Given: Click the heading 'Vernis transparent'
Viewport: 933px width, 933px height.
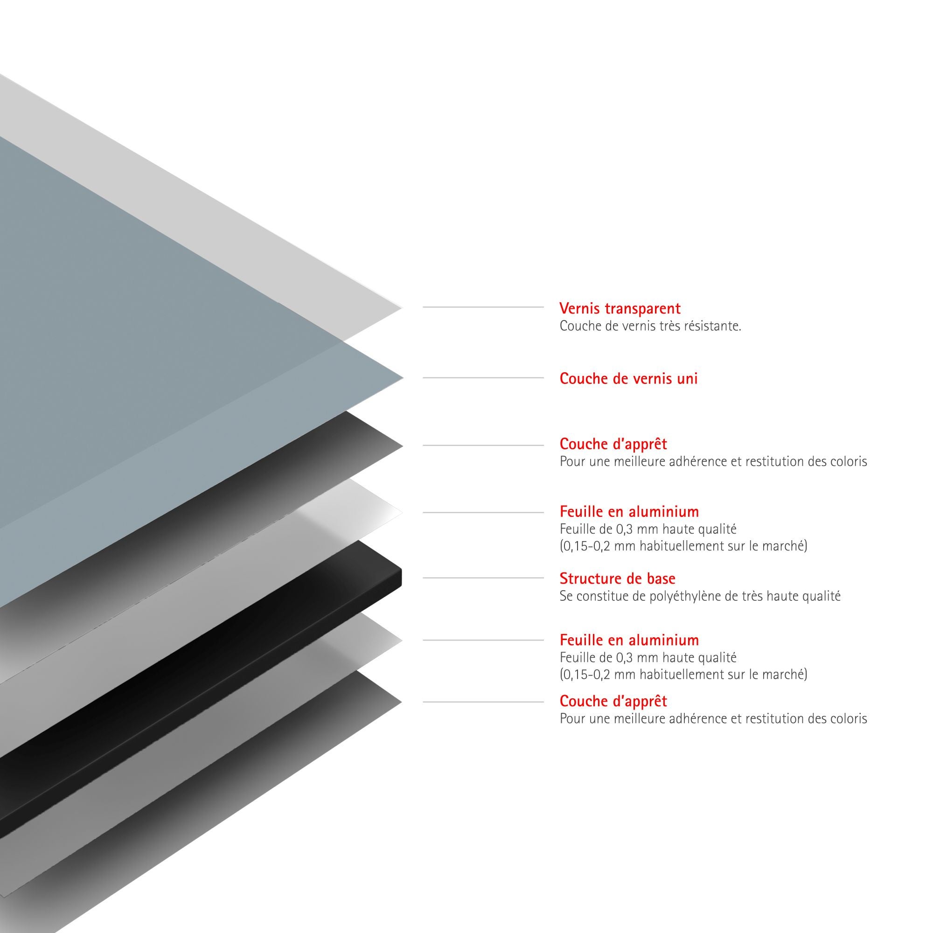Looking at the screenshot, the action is (x=620, y=308).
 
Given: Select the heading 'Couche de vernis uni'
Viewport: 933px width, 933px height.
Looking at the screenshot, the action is (x=628, y=378).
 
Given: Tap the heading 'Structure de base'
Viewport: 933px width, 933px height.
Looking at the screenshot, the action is (x=617, y=578).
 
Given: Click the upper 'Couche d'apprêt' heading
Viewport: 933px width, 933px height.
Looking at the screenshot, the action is (x=613, y=443).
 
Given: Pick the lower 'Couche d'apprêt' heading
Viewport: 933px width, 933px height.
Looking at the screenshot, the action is (x=613, y=701).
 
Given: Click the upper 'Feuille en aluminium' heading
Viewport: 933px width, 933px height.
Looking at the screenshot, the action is (x=629, y=511).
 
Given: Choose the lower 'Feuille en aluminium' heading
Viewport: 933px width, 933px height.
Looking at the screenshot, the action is (x=629, y=640).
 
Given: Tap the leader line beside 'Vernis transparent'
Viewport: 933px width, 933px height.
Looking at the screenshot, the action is (x=483, y=306).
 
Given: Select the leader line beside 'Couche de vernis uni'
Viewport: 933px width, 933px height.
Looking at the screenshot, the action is (x=483, y=378).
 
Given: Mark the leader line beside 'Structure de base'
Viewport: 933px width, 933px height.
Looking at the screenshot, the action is (x=483, y=578).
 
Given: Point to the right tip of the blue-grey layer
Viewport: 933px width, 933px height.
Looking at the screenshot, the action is (x=403, y=378).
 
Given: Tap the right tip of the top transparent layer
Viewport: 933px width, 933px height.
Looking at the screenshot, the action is (x=402, y=307).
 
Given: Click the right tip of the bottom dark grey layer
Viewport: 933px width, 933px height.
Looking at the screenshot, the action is (x=402, y=702).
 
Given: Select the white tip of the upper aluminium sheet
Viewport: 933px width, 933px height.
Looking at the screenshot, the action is (x=402, y=512).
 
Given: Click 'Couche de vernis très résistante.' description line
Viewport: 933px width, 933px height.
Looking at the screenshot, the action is (x=650, y=326).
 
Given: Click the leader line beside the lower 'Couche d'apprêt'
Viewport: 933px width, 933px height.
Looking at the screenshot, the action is (x=483, y=702).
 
